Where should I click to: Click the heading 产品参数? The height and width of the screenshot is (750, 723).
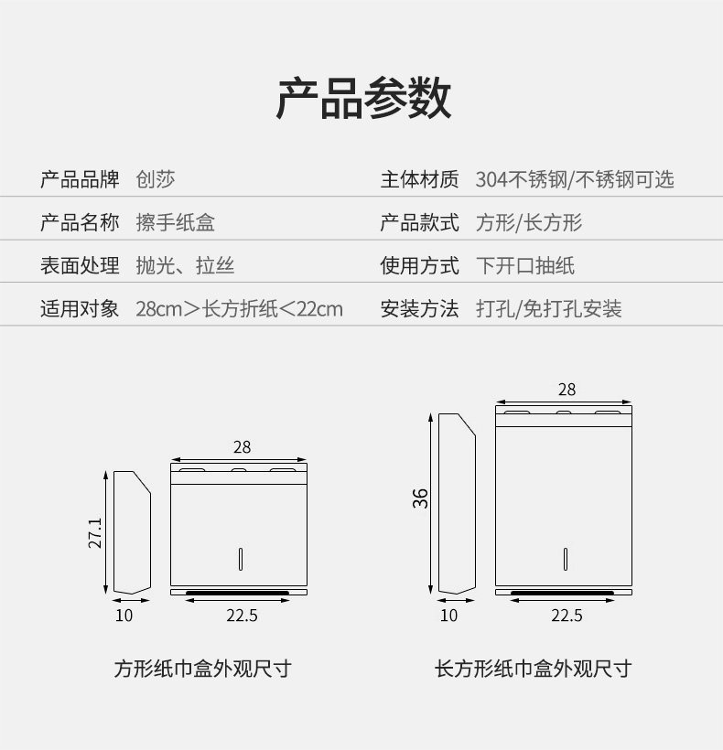click(x=363, y=99)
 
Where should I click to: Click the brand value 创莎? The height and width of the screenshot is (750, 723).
click(x=156, y=179)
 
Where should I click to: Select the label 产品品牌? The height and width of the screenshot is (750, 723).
click(x=80, y=179)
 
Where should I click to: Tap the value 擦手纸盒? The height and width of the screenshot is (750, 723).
click(x=176, y=222)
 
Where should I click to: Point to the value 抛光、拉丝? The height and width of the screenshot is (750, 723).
click(x=185, y=266)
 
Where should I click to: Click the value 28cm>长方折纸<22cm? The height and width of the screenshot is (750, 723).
click(x=239, y=309)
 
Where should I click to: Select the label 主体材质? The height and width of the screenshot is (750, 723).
click(x=419, y=179)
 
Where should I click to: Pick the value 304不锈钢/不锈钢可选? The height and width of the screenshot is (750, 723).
click(x=574, y=179)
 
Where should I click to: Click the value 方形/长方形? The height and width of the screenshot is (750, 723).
click(x=528, y=222)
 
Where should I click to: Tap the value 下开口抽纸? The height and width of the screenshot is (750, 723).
click(x=524, y=266)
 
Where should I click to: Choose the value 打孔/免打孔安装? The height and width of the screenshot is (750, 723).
click(x=548, y=309)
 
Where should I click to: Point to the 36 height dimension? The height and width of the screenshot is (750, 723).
click(x=420, y=498)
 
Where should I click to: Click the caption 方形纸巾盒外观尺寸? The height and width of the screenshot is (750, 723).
click(x=202, y=669)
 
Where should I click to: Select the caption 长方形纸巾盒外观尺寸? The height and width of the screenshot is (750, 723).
click(x=533, y=669)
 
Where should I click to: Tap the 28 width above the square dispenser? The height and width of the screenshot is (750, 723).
click(x=241, y=447)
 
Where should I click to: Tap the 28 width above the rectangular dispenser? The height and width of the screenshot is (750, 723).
click(x=567, y=390)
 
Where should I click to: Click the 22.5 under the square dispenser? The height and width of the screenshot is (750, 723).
click(x=242, y=616)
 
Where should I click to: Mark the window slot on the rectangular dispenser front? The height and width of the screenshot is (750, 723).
click(x=567, y=558)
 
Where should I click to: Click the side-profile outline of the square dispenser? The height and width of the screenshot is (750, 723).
click(x=130, y=531)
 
